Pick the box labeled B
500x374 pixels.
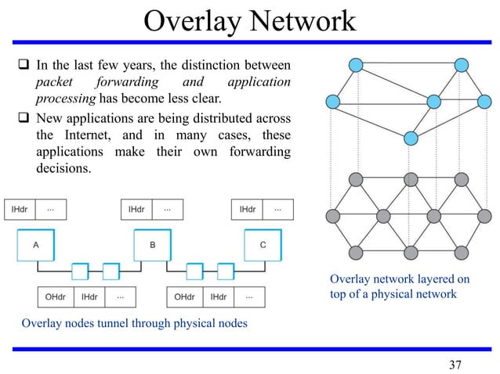tap(153, 245)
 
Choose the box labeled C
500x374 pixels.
tap(263, 245)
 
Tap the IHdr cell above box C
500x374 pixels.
tap(248, 210)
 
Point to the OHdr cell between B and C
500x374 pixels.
tap(185, 297)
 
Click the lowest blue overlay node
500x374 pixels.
tap(410, 138)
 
